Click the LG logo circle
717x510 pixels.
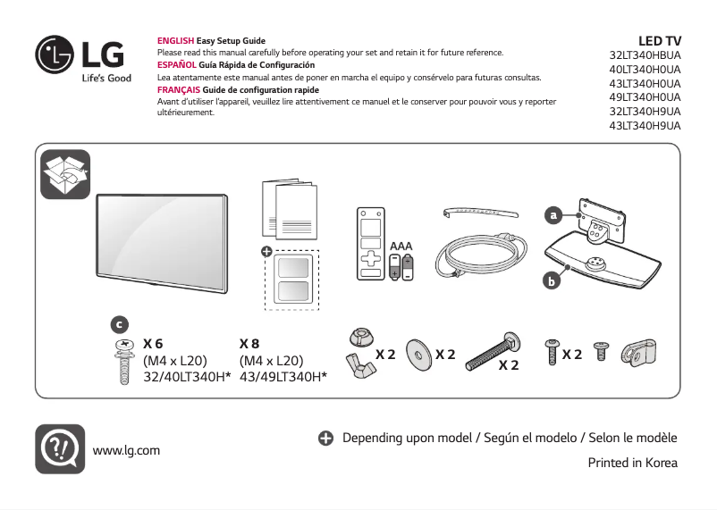pyautogui.click(x=55, y=55)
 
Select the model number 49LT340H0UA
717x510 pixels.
pyautogui.click(x=644, y=96)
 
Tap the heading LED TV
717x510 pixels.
pyautogui.click(x=660, y=41)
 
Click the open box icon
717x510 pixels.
pyautogui.click(x=65, y=174)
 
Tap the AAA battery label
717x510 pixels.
pyautogui.click(x=401, y=245)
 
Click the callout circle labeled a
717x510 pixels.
pyautogui.click(x=554, y=215)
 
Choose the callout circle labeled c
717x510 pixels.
pyautogui.click(x=119, y=323)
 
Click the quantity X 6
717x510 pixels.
pyautogui.click(x=153, y=344)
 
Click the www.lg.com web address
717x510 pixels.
pyautogui.click(x=126, y=450)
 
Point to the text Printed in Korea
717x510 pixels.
pyautogui.click(x=632, y=463)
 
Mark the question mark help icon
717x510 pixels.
pyautogui.click(x=60, y=448)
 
